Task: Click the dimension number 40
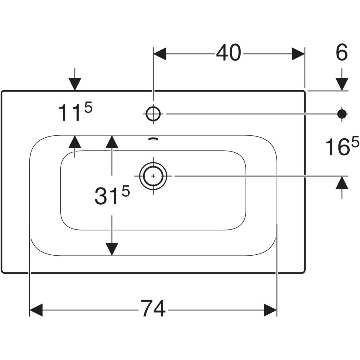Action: coord(229,53)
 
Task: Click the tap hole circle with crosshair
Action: coord(153,114)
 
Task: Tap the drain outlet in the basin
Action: coord(153,176)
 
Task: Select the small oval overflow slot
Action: coord(153,139)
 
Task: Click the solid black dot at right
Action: coord(342,113)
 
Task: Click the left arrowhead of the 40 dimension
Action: coord(160,54)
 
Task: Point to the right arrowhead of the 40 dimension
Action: coord(298,54)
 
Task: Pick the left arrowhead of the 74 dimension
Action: coord(36,310)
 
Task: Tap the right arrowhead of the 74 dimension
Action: coord(270,310)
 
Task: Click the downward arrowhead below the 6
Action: coord(342,84)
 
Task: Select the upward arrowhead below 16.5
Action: coord(342,183)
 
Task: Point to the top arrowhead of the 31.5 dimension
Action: coord(112,142)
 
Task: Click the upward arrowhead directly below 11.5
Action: coord(75,142)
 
